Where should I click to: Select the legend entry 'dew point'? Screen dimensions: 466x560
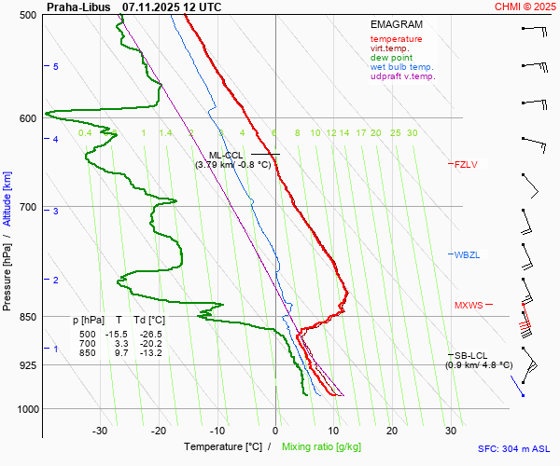click(391, 58)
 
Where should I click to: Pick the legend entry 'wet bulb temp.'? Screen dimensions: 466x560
click(401, 67)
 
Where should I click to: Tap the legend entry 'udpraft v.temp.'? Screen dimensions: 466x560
click(402, 76)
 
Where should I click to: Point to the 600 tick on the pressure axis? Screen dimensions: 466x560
click(27, 117)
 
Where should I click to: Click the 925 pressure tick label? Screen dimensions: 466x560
click(27, 365)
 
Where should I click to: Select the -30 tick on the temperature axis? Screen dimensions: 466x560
click(100, 431)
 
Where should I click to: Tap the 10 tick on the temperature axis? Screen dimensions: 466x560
click(334, 431)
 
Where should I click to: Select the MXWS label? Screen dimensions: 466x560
click(469, 305)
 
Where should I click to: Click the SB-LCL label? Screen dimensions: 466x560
click(471, 355)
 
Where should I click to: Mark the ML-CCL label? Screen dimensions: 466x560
click(227, 155)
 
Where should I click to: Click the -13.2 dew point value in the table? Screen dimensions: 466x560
click(147, 353)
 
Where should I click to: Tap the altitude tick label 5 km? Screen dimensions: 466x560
click(56, 67)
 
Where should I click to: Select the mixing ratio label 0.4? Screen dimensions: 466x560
click(85, 133)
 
